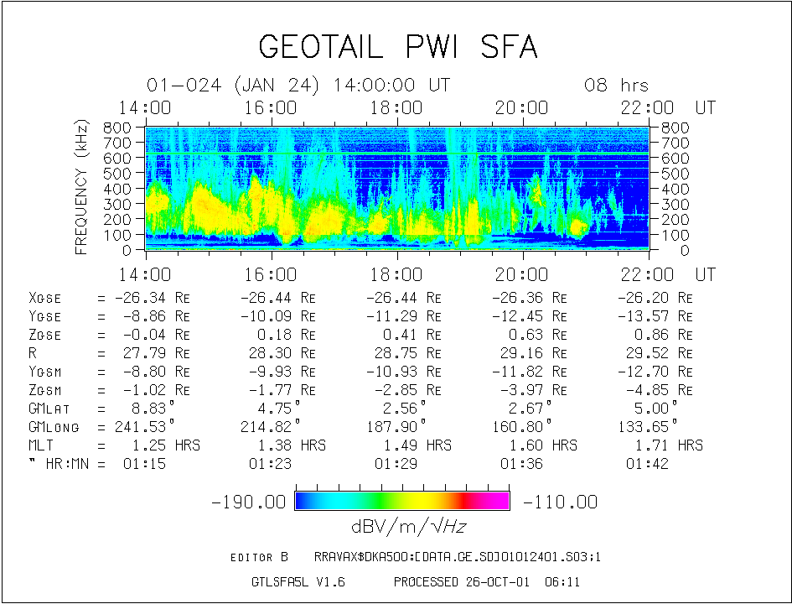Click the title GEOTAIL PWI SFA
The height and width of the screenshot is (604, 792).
[x=397, y=47]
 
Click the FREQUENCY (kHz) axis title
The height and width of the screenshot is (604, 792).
[x=82, y=187]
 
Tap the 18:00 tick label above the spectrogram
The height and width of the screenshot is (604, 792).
[x=396, y=108]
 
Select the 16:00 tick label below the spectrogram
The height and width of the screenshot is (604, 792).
[x=271, y=275]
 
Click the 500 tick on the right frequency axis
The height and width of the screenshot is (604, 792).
[x=675, y=174]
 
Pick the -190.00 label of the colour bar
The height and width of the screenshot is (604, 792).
[x=249, y=502]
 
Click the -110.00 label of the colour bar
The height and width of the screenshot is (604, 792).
[x=561, y=502]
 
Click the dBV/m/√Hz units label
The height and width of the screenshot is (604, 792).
[x=403, y=527]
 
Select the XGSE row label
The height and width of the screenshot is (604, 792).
[x=44, y=298]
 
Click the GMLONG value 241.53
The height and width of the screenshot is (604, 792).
[x=144, y=427]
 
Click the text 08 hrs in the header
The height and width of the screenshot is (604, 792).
[x=616, y=86]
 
